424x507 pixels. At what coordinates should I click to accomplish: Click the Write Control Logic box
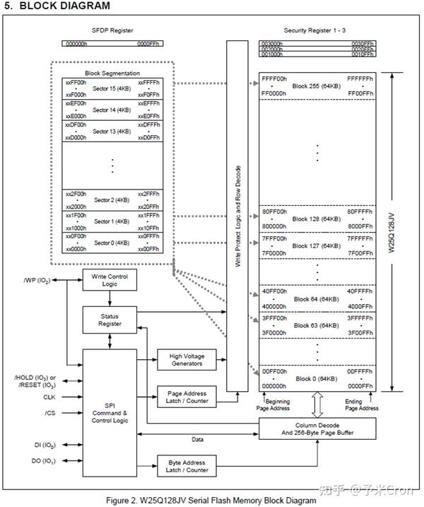(110, 281)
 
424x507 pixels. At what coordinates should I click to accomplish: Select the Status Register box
(110, 320)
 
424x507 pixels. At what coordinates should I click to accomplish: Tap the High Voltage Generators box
(187, 359)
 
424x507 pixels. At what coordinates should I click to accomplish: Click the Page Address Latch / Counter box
(187, 397)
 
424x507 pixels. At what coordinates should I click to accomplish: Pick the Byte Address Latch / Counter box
(187, 466)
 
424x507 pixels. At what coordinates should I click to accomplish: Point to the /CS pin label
(49, 412)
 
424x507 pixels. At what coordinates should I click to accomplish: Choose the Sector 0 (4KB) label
(113, 243)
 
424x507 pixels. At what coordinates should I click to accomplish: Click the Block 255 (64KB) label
(317, 85)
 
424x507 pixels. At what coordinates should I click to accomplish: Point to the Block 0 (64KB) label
(317, 380)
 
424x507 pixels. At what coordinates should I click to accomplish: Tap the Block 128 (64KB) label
(317, 218)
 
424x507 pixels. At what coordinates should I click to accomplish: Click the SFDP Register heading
(113, 30)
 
